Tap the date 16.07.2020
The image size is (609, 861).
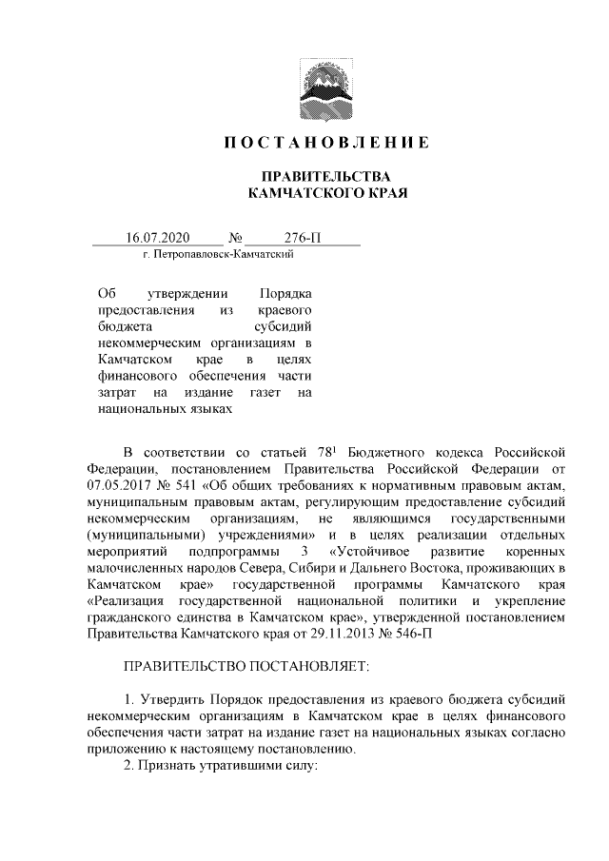point(158,238)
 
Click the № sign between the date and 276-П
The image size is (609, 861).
point(235,238)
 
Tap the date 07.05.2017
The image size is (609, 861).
point(120,485)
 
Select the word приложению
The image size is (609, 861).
point(127,749)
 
